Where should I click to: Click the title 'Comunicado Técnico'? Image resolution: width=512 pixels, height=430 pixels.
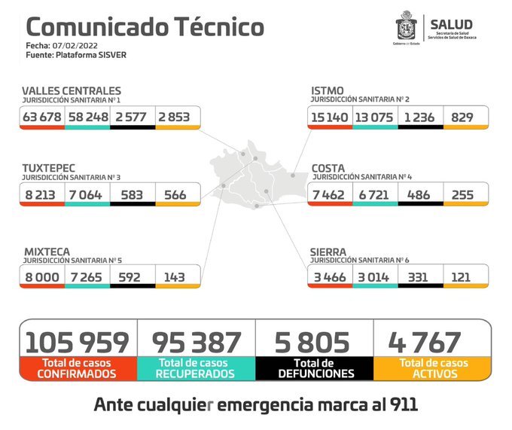(x=145, y=27)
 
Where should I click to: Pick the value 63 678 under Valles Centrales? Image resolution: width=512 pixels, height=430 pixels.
(x=42, y=117)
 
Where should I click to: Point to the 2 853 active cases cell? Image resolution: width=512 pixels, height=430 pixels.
(x=178, y=117)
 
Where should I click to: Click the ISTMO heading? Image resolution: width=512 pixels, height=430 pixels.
(x=328, y=91)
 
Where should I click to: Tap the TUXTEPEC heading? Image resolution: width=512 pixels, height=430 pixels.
(x=49, y=167)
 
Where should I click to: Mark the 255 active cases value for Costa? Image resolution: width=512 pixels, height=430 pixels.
(x=464, y=195)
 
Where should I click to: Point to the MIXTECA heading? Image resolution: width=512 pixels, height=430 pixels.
(x=46, y=251)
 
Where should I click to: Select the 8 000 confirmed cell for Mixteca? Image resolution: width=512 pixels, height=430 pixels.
(x=42, y=276)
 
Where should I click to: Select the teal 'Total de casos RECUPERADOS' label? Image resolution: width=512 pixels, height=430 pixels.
(x=196, y=368)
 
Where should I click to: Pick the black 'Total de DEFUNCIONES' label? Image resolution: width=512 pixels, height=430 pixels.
(x=314, y=368)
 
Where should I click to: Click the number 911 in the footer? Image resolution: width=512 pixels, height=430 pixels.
(x=400, y=404)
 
